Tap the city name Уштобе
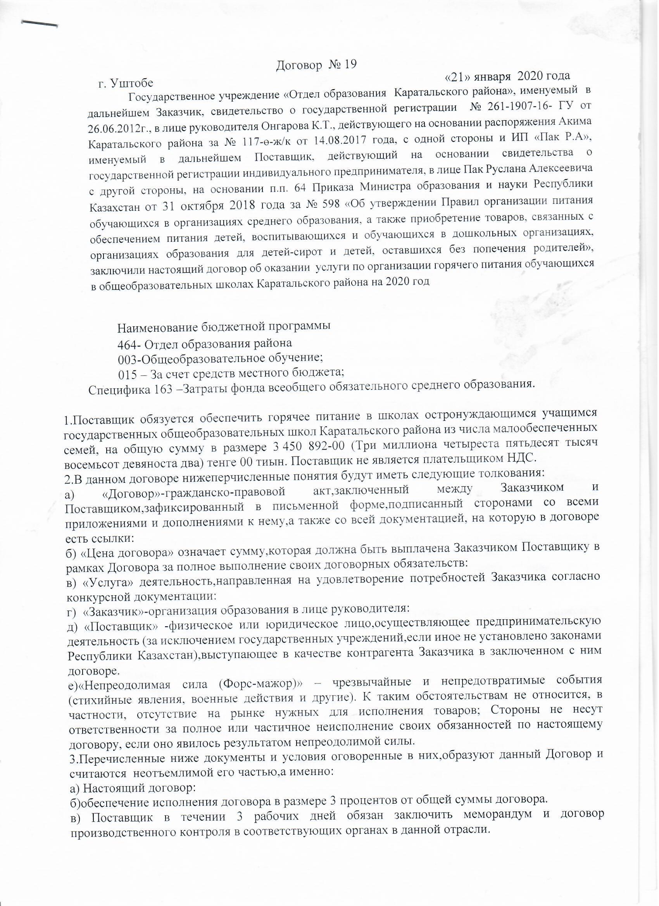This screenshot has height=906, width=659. (x=131, y=83)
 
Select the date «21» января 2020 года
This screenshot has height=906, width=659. (x=507, y=76)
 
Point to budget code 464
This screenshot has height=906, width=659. (x=126, y=343)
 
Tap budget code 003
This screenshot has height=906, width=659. (x=127, y=358)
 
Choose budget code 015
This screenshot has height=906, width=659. (x=127, y=373)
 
